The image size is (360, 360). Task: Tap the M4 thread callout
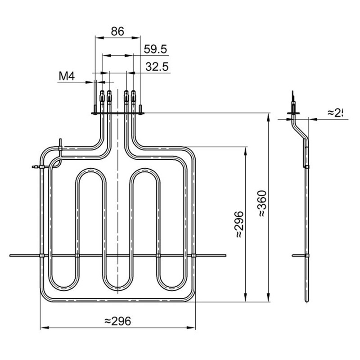tap(66, 76)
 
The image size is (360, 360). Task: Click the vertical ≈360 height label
tap(262, 204)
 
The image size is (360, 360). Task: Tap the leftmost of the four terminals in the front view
tap(102, 96)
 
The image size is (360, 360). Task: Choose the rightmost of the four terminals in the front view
tap(133, 96)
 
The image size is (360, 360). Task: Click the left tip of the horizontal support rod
tap(11, 256)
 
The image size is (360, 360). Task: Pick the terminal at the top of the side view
tap(294, 97)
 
